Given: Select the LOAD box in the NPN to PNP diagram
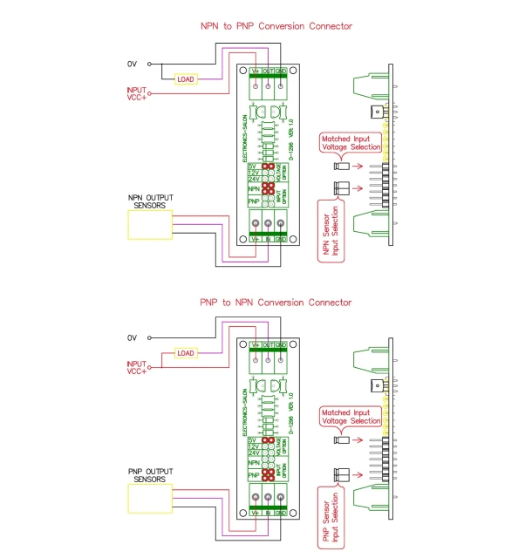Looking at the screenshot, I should [185, 79].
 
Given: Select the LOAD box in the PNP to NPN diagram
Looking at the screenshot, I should [185, 353].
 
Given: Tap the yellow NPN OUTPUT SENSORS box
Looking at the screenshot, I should [150, 226].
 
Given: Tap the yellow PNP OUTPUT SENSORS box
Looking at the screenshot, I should [150, 499].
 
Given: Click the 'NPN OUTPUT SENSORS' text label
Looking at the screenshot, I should [150, 202].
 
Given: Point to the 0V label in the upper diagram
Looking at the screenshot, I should [133, 64].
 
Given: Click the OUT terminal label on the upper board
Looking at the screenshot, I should [268, 71].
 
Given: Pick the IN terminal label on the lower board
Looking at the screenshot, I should [268, 513].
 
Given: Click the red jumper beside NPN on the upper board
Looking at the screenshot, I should [269, 188].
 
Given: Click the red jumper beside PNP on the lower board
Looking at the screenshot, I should [269, 475].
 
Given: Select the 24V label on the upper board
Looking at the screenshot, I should [254, 179].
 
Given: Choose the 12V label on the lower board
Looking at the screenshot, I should [254, 446].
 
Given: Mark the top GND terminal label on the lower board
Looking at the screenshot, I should [281, 345].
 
